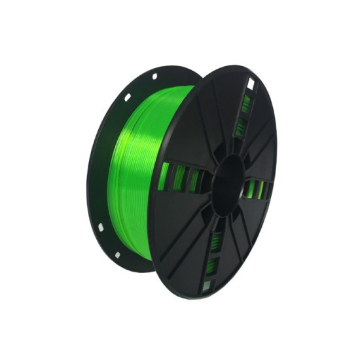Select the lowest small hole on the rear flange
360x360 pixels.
pos(116,254)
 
